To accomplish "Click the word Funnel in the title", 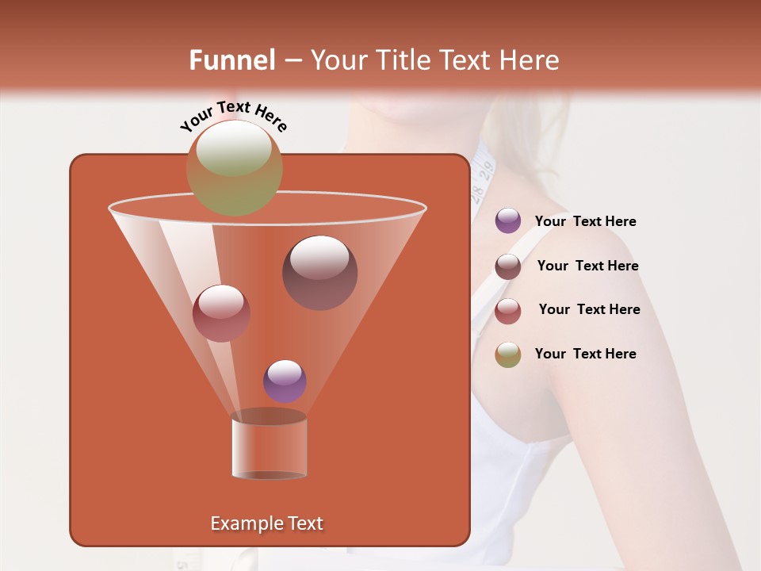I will [231, 60].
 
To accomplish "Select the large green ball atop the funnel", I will [235, 167].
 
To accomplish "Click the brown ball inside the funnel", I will [319, 273].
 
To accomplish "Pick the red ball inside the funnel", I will [221, 313].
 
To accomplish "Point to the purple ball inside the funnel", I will [285, 381].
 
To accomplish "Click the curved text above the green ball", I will [233, 116].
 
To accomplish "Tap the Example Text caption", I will [266, 523].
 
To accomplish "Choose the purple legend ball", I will [508, 220].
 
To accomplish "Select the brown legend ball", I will [508, 266].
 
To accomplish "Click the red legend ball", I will [508, 311].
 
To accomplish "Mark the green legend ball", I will [508, 354].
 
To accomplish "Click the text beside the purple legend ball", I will [585, 222].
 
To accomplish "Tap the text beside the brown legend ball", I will [587, 266].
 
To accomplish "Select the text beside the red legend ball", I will [589, 310].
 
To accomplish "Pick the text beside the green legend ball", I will [585, 354].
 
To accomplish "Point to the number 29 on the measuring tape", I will [485, 168].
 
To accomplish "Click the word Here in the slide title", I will [530, 60].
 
